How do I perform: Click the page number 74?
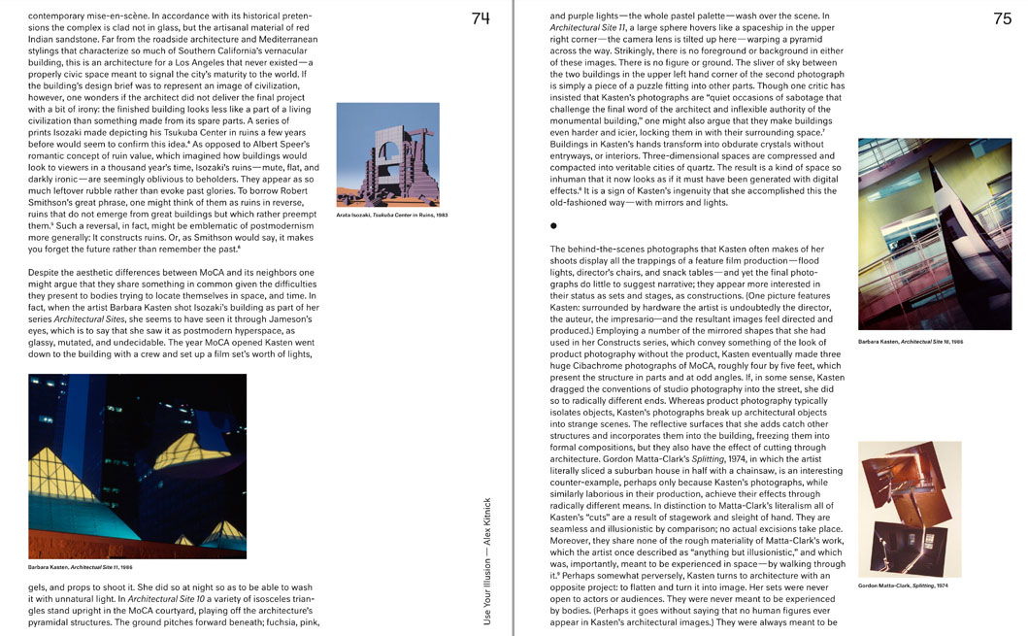click(481, 17)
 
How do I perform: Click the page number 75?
click(1002, 17)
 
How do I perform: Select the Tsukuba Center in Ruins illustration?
click(387, 154)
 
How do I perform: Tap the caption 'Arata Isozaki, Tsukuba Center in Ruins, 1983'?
click(392, 215)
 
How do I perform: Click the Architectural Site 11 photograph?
click(137, 465)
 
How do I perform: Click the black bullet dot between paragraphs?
click(554, 225)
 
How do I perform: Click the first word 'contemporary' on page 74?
click(56, 17)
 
